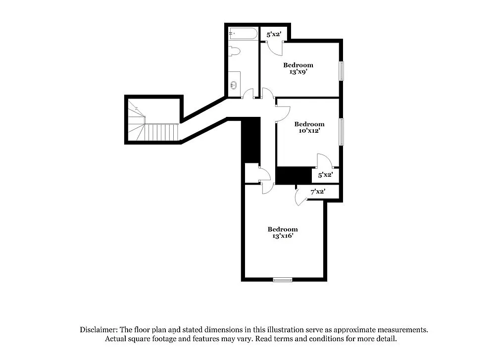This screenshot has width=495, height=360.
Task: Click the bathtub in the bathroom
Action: (243, 34)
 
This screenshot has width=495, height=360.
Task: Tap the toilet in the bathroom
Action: (235, 51)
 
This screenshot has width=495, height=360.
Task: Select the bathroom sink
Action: (234, 85)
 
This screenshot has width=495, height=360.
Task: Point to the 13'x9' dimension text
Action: (298, 72)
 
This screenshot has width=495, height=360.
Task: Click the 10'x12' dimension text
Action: (309, 131)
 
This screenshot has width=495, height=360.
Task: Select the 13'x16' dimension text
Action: (283, 236)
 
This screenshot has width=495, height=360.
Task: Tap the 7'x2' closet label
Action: (317, 191)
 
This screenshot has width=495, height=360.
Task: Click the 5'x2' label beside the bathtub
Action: (274, 34)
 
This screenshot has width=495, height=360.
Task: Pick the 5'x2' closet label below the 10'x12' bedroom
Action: (325, 175)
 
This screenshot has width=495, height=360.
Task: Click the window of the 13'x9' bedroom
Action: (341, 70)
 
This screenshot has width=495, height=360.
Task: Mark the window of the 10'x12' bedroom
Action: (341, 132)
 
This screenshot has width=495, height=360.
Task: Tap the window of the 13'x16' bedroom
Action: (283, 280)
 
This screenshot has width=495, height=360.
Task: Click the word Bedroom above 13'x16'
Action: (283, 229)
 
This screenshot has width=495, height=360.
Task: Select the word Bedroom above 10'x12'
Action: (309, 124)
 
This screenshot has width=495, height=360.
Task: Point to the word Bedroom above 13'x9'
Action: (298, 65)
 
